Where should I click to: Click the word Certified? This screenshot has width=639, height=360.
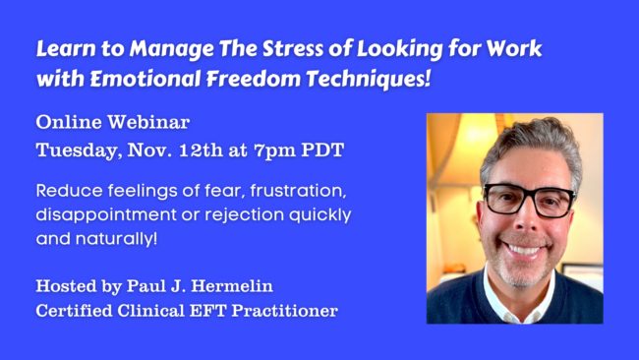point(76,312)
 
